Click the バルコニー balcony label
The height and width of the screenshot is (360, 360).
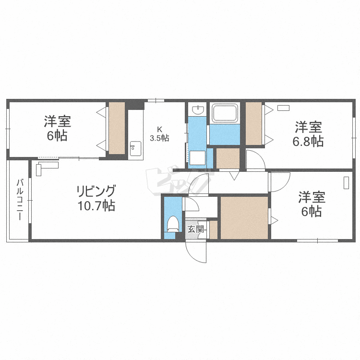point(20,199)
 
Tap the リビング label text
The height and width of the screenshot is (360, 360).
point(96,191)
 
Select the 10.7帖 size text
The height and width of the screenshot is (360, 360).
point(96,205)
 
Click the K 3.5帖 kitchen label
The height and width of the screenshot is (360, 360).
point(159,134)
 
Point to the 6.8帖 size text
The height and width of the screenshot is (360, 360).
point(308,142)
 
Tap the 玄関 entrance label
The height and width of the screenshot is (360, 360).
point(195,229)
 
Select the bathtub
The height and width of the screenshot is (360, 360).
point(225,113)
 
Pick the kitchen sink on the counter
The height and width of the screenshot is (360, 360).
point(135,149)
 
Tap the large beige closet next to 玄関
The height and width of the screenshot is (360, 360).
point(244,217)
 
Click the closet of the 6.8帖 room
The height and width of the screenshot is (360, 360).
point(254,123)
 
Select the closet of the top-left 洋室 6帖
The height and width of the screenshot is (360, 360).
point(117,128)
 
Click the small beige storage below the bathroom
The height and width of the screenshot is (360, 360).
point(228,158)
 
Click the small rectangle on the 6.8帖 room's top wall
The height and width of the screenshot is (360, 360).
point(283,108)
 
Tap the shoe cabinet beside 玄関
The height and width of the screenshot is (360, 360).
point(214,230)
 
